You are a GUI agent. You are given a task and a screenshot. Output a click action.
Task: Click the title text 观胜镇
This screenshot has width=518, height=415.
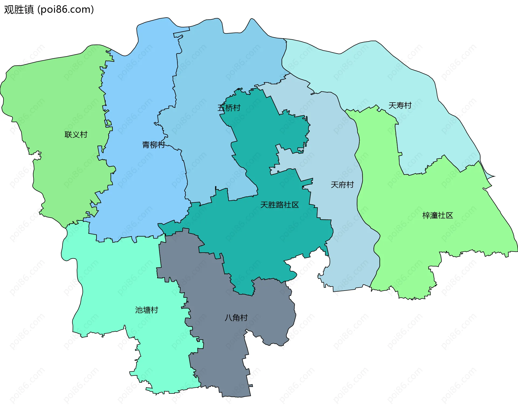click(19, 9)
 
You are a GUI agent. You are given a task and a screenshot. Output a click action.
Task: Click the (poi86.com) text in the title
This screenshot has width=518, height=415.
click(66, 9)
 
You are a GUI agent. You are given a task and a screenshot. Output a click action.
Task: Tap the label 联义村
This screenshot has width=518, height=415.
click(76, 134)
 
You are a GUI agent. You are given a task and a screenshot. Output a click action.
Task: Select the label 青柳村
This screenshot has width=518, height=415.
click(154, 145)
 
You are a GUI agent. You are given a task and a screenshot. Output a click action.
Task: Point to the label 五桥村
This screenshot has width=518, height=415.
click(229, 108)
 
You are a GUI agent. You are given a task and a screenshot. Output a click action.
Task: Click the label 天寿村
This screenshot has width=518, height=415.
click(400, 105)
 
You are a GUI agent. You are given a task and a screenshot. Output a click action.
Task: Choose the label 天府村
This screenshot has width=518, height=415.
click(342, 184)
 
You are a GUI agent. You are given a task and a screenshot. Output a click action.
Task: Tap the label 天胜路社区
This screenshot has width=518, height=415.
click(280, 205)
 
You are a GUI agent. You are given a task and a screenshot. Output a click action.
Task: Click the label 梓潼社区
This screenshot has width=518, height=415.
click(438, 215)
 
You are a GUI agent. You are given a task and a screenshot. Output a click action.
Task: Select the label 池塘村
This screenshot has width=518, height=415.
click(146, 310)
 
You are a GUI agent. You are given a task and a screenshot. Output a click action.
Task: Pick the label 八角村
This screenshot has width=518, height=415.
click(236, 318)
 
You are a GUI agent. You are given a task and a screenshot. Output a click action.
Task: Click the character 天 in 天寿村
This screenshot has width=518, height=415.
click(392, 105)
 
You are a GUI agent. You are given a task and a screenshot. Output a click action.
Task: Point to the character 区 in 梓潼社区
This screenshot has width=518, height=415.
click(449, 215)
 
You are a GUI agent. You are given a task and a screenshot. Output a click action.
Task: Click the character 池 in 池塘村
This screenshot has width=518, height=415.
click(139, 310)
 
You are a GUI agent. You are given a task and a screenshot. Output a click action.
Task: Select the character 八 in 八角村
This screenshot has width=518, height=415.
click(229, 318)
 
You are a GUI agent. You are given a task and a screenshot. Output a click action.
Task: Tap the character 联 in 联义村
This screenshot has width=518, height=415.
click(68, 134)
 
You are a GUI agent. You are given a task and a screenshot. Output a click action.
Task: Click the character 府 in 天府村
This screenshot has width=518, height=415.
click(342, 184)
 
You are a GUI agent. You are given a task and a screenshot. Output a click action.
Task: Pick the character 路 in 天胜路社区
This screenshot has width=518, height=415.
click(280, 205)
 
